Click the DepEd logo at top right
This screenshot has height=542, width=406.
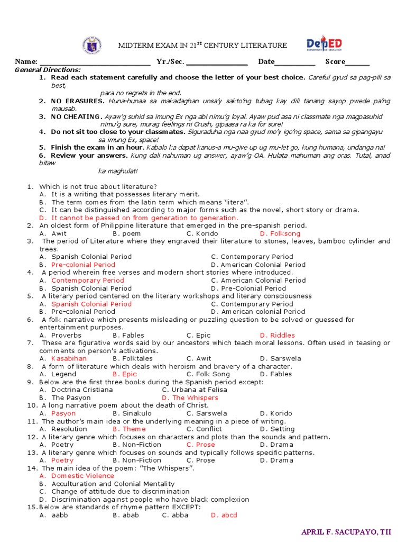click(x=324, y=45)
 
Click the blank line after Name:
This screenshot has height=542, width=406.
click(x=95, y=62)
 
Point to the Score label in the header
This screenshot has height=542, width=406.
click(x=335, y=62)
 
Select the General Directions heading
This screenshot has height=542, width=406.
click(x=48, y=70)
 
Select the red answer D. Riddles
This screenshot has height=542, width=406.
click(x=277, y=335)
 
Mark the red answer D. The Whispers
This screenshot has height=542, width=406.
click(x=190, y=398)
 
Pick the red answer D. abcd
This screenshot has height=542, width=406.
click(x=224, y=515)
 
